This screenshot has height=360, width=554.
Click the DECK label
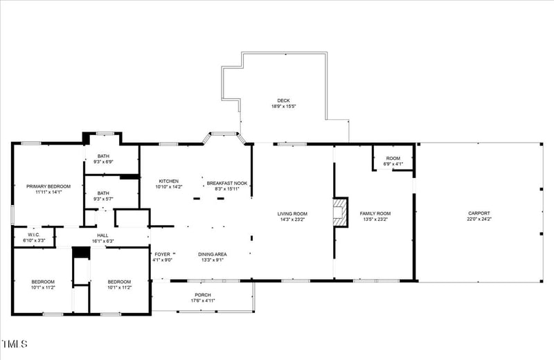click(283, 100)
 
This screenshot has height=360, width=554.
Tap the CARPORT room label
click(479, 213)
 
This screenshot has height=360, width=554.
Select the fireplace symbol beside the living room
click(340, 213)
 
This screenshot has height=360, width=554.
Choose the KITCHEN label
click(169, 181)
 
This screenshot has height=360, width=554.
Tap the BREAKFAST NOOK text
click(227, 183)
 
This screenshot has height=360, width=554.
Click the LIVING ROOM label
click(292, 213)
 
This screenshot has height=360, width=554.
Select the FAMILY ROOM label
click(376, 213)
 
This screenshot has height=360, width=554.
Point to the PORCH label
click(203, 295)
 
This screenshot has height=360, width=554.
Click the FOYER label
click(162, 254)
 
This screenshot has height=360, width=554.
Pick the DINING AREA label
click(213, 254)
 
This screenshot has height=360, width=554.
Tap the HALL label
click(102, 235)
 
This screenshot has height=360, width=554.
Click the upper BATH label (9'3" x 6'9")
click(103, 156)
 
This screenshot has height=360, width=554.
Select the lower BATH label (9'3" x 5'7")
click(103, 193)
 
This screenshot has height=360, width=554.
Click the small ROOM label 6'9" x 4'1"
click(393, 159)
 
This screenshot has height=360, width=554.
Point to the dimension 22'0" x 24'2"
click(479, 219)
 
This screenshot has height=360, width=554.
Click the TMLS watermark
click(15, 344)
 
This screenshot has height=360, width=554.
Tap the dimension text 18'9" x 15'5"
click(283, 107)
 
